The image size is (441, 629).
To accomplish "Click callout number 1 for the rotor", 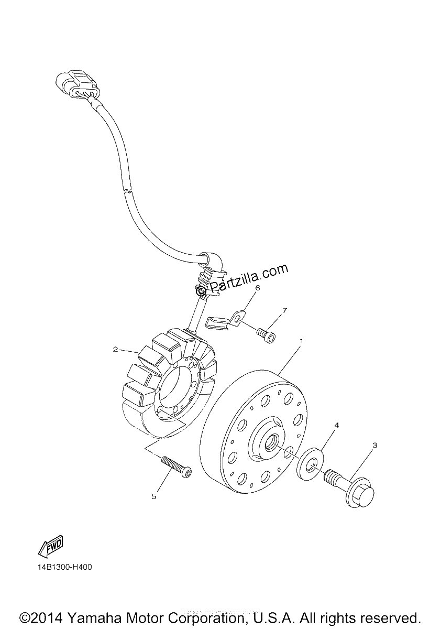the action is tap(301, 341).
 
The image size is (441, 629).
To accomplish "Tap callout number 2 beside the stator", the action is tap(115, 350).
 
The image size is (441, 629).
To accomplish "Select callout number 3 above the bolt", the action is tap(374, 446).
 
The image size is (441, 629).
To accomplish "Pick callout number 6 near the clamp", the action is tap(258, 288).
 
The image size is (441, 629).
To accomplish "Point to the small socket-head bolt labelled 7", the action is tap(266, 336).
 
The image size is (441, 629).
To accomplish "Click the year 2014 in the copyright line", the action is tap(47, 618).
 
